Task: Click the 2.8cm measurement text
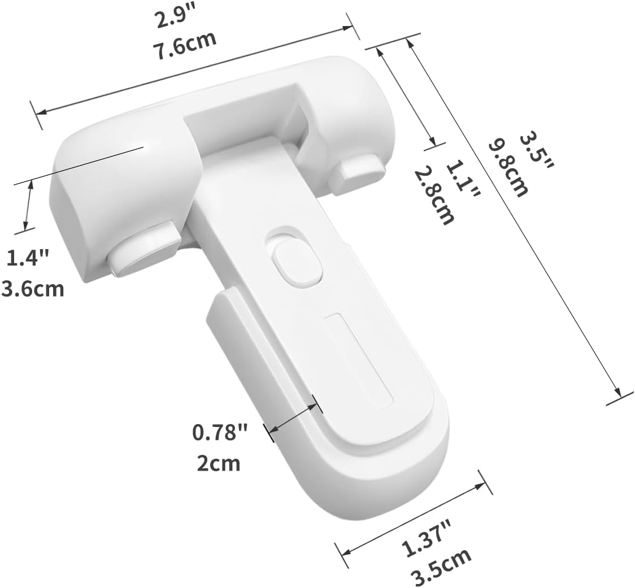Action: coord(434,195)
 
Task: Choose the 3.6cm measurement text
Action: coord(32,289)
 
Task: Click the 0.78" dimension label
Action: coord(220,433)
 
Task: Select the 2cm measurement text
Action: coord(218,463)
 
